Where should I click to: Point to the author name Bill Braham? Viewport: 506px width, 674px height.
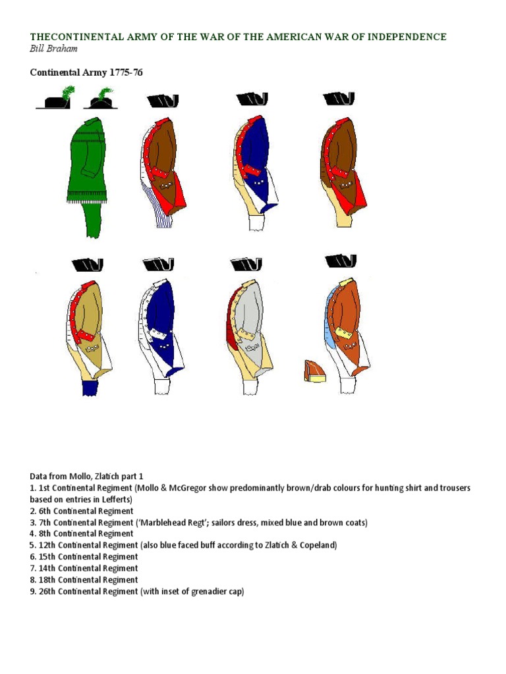click(53, 50)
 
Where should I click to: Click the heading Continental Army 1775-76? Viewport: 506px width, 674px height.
click(86, 72)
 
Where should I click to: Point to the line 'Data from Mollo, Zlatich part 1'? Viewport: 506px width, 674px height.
click(86, 476)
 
